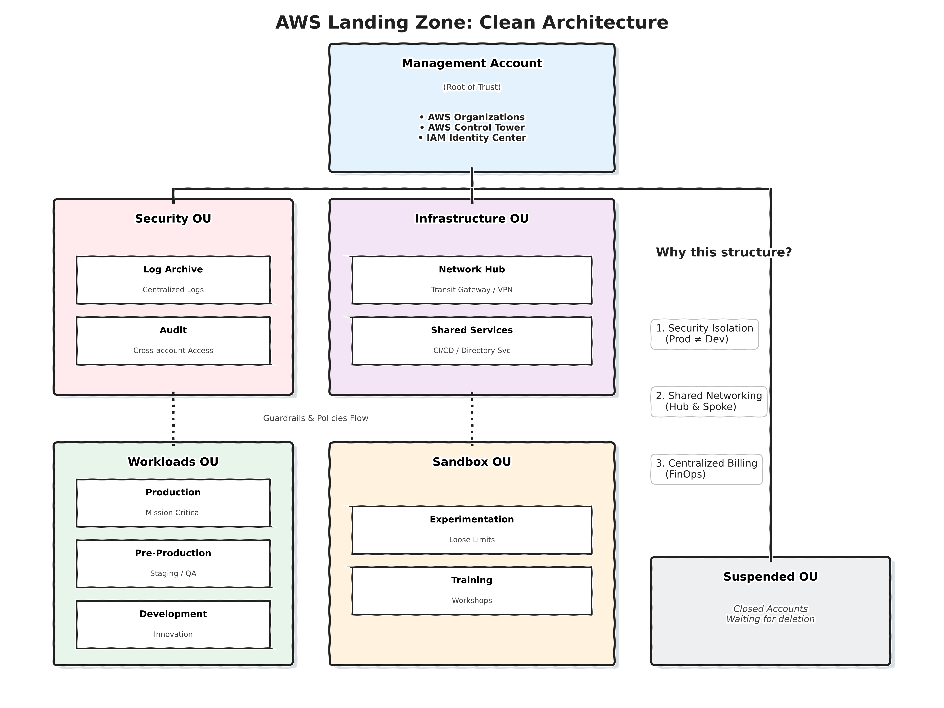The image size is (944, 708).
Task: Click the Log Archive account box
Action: [x=173, y=280]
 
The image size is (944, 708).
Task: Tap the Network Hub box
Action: [x=472, y=280]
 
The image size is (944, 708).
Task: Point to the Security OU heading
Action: [x=173, y=218]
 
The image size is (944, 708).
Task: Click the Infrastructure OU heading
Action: [x=472, y=218]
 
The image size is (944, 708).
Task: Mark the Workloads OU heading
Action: [x=173, y=462]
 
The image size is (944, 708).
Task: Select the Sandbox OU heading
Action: [x=472, y=462]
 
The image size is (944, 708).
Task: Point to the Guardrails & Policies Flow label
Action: [x=315, y=418]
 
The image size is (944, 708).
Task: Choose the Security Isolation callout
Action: [x=704, y=334]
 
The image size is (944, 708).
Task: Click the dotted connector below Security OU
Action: [x=173, y=418]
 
